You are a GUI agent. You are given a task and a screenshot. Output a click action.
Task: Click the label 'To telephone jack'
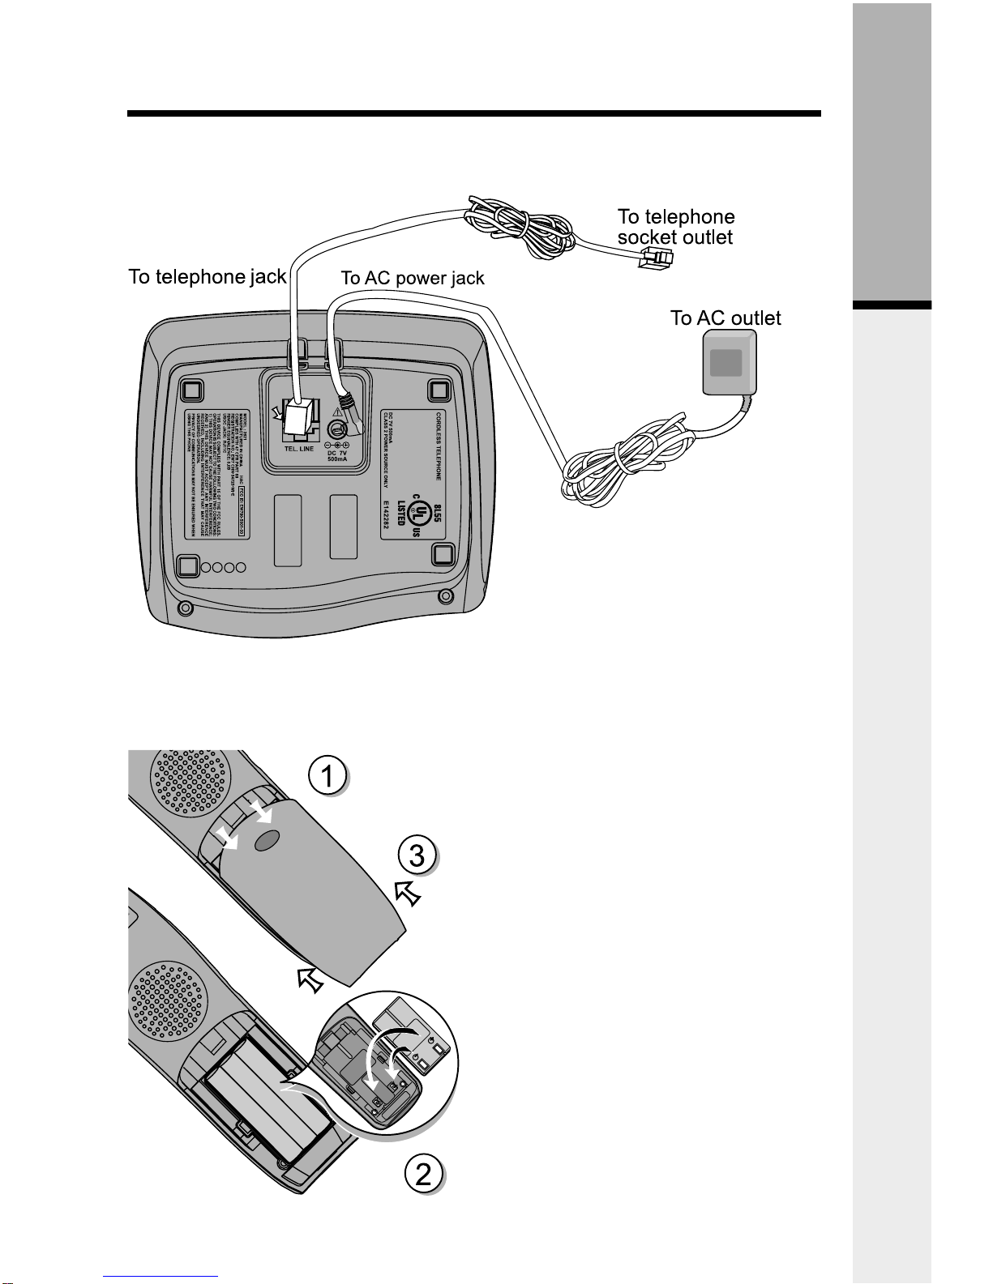[x=207, y=277]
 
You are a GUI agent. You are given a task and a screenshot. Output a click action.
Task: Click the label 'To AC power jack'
[x=412, y=278]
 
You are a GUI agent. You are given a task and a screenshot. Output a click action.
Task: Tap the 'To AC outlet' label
[x=725, y=318]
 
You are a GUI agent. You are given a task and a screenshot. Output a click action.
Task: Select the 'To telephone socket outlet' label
[x=675, y=227]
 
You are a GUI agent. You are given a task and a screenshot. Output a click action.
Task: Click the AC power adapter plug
[x=725, y=366]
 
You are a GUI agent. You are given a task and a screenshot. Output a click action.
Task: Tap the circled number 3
[x=417, y=855]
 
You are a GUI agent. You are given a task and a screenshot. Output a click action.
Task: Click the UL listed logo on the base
[x=420, y=510]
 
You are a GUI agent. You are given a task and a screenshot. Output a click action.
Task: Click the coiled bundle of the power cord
[x=616, y=463]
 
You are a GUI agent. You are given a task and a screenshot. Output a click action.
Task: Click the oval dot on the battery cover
[x=265, y=842]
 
